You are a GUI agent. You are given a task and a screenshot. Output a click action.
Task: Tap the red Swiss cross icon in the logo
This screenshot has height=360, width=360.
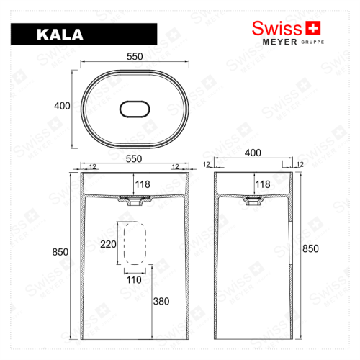coord(312,28)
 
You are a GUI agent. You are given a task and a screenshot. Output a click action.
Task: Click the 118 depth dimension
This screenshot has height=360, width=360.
coord(143,185)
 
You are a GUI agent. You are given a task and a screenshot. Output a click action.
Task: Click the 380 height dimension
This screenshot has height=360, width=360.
coord(161,302)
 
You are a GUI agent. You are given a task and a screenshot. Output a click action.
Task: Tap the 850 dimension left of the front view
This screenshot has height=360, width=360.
coord(60,252)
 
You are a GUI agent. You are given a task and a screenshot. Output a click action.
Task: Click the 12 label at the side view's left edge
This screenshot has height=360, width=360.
coord(207,165)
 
